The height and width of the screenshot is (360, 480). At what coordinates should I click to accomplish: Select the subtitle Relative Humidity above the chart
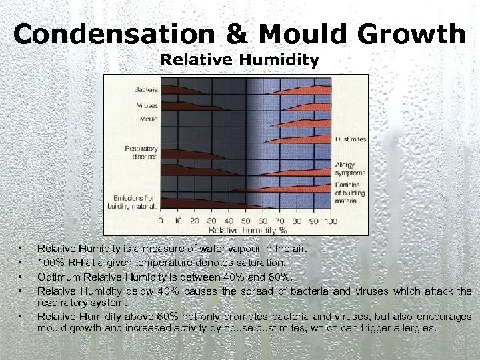240,61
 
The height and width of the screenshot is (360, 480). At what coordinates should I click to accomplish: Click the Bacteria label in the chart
146,89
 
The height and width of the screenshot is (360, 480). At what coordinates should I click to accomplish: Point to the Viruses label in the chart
147,105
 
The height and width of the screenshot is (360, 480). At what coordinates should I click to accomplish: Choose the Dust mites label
350,139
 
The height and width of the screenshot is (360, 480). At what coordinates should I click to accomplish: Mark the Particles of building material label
349,191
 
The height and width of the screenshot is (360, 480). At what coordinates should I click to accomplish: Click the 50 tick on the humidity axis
246,221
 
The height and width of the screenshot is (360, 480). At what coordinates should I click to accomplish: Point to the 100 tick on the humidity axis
331,221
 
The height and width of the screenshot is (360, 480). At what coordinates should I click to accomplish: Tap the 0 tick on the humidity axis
159,221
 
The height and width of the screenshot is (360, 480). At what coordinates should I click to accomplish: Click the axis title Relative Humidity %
246,230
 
